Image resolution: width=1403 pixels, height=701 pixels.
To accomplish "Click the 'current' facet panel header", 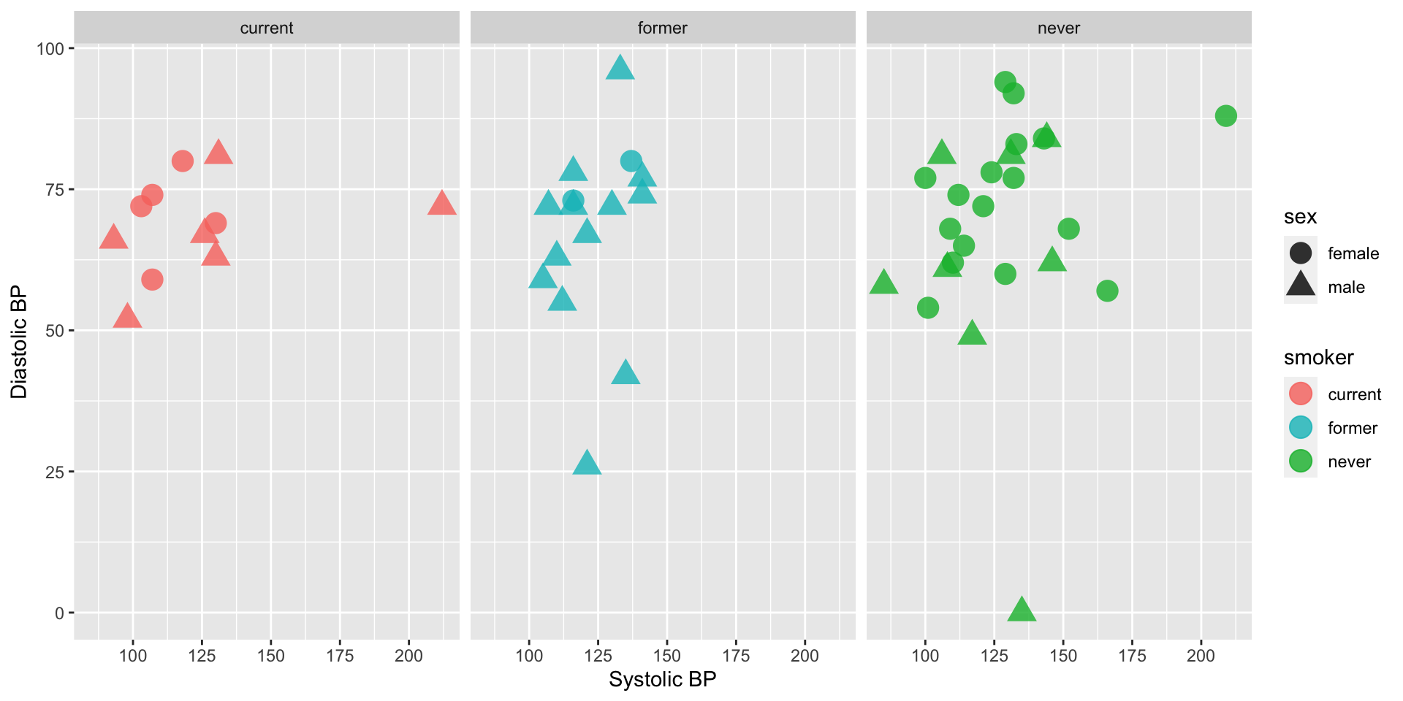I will click(267, 28).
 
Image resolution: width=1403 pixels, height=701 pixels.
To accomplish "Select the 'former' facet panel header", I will click(662, 28).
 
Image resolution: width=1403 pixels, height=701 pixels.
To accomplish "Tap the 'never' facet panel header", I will click(1058, 28).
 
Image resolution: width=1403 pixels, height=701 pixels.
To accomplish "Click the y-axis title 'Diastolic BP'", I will click(19, 342).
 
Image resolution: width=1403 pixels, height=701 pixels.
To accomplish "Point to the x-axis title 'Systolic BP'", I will click(662, 680).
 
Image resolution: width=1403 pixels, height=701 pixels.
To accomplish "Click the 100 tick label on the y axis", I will click(50, 49).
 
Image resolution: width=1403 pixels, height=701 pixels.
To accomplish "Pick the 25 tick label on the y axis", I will click(55, 472).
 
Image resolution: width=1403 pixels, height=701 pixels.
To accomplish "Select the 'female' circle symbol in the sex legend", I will click(1301, 253).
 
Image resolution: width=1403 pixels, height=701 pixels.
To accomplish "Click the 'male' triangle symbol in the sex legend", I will click(1301, 286).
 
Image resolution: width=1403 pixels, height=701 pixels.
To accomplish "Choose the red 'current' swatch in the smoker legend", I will click(1301, 394).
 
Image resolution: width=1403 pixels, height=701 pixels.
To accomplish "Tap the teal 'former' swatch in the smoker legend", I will click(1301, 428).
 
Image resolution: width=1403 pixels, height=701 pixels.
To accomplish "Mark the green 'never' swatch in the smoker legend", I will click(1301, 461).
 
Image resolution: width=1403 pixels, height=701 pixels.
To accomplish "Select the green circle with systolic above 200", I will click(1226, 116).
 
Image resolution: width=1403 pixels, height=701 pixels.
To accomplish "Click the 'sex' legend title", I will click(1300, 217).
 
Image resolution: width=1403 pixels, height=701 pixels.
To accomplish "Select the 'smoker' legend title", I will click(1318, 358).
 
